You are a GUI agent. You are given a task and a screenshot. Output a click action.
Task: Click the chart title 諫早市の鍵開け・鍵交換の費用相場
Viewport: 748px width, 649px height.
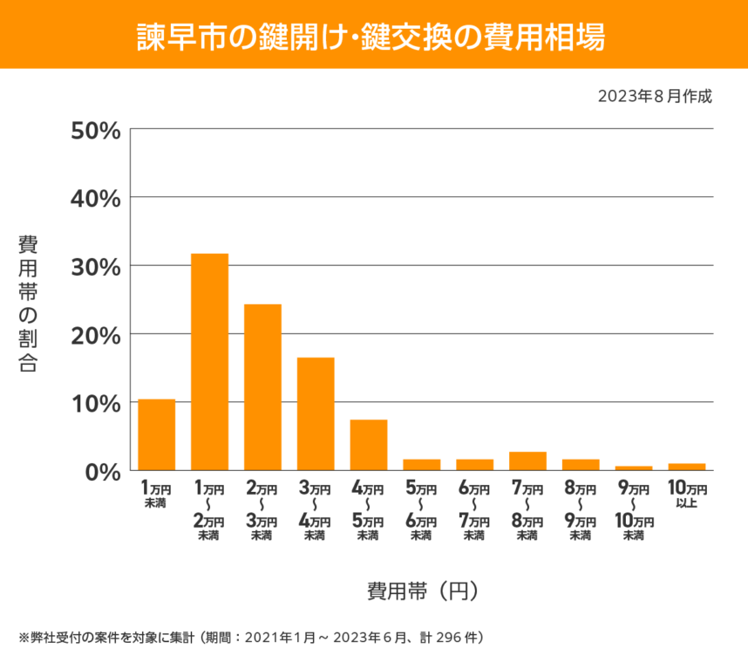pos(374,37)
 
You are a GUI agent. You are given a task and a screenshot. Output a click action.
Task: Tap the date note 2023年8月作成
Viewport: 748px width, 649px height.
pos(655,96)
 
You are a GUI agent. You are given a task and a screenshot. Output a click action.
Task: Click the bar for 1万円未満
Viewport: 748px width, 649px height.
pos(157,434)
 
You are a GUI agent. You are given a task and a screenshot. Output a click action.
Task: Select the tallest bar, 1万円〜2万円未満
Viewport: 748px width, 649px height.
pos(209,362)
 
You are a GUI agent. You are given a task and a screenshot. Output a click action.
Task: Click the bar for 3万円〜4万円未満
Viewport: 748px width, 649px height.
pos(316,413)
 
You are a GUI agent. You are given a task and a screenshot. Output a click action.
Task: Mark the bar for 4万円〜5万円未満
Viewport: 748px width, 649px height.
pos(369,445)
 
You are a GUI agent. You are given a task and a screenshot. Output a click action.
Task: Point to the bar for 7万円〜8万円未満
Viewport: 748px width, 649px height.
pos(527,461)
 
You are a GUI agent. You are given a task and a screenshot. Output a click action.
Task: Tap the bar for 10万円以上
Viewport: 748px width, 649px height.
pos(687,467)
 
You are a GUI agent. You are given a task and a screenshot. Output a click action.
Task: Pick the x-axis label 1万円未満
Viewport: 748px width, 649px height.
pos(157,494)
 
